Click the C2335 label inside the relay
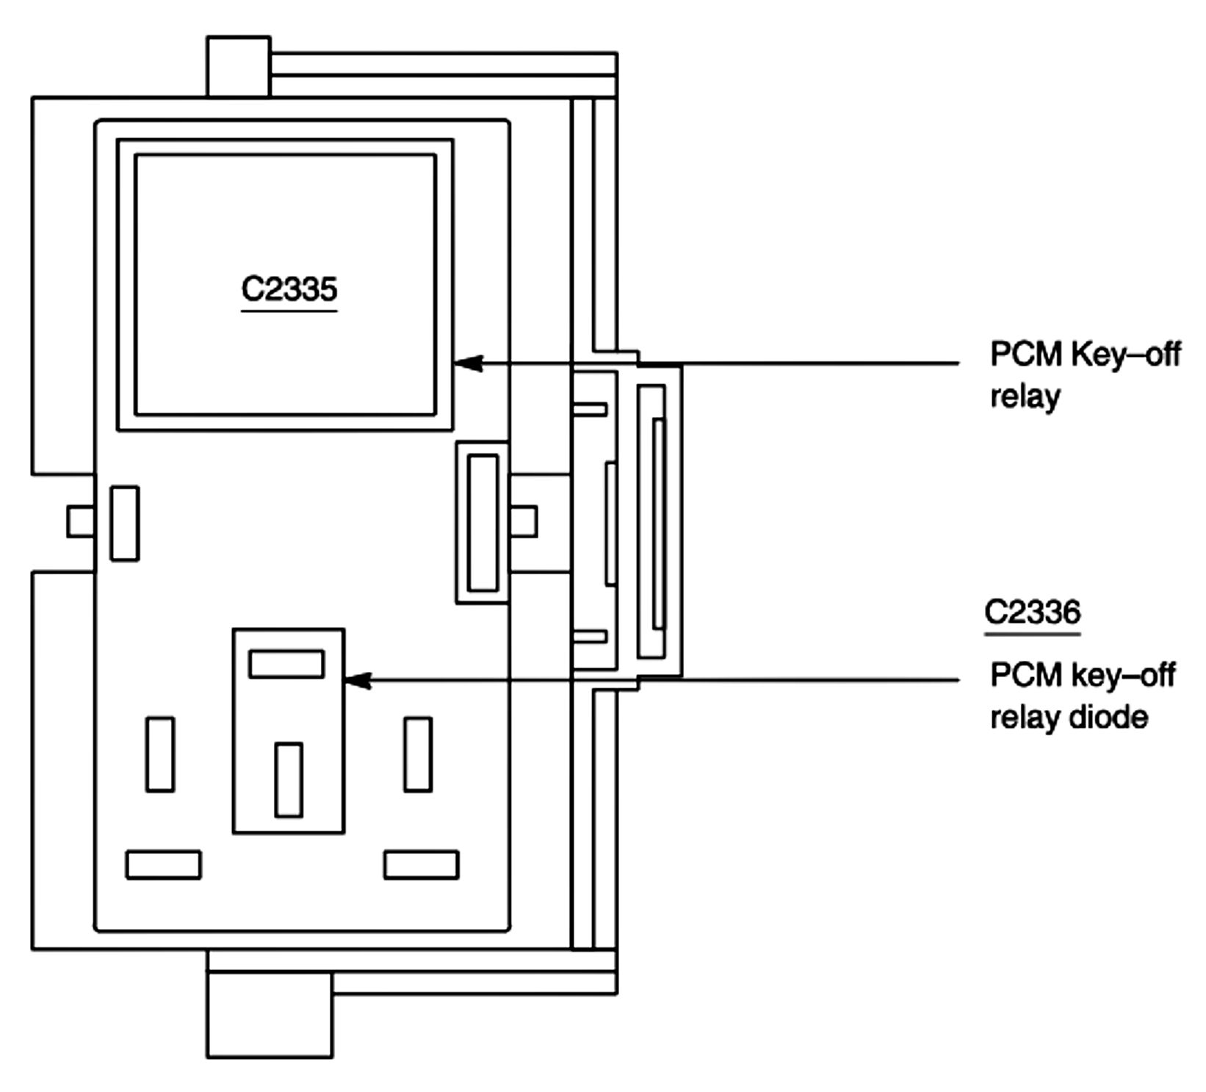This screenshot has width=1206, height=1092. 289,289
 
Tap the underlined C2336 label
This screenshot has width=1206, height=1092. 1032,612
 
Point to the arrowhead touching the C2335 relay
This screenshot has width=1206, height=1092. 469,362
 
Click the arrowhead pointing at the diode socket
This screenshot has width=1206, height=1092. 358,680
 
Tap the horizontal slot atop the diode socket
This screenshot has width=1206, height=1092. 286,664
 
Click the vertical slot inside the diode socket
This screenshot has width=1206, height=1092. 288,779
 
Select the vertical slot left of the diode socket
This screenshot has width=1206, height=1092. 160,754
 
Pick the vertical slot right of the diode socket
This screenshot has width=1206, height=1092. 417,754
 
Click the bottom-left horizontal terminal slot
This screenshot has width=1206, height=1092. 163,864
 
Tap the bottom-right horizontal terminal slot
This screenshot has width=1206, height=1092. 421,864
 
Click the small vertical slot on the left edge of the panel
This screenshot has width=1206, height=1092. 124,523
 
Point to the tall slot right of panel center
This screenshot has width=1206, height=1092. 483,522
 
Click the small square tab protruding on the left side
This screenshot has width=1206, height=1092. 80,521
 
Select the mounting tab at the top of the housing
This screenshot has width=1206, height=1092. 238,66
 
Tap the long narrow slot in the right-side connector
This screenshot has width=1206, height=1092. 658,523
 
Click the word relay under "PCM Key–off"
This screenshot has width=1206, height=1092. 1025,397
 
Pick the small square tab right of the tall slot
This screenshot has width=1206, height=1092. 523,521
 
